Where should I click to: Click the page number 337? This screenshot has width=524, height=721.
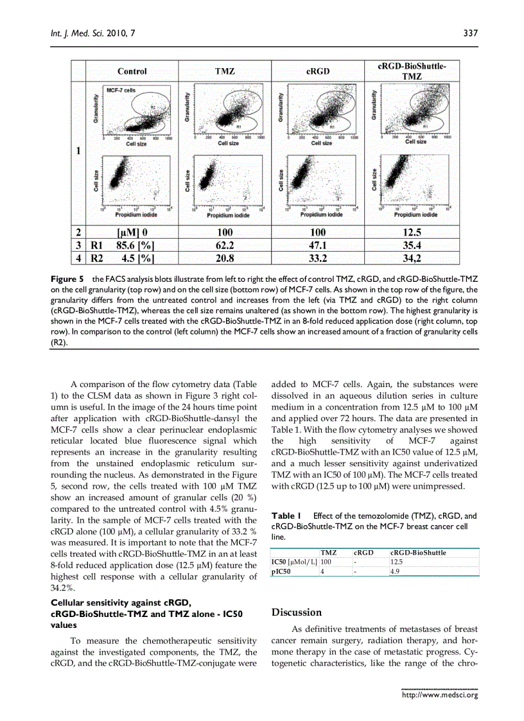tap(471, 33)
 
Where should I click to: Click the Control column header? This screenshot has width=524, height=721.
tap(132, 71)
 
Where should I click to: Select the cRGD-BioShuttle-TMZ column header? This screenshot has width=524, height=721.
tap(412, 71)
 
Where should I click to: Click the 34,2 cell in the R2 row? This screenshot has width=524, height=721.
tap(412, 259)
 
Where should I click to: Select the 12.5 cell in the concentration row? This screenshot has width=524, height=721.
tap(412, 232)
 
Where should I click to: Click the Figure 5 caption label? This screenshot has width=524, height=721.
tap(67, 280)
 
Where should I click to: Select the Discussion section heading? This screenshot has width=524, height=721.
tap(297, 612)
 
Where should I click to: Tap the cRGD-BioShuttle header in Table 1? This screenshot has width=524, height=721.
tap(418, 552)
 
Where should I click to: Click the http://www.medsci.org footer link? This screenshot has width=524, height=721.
tap(440, 695)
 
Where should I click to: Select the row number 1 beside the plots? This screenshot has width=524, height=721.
tap(78, 152)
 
